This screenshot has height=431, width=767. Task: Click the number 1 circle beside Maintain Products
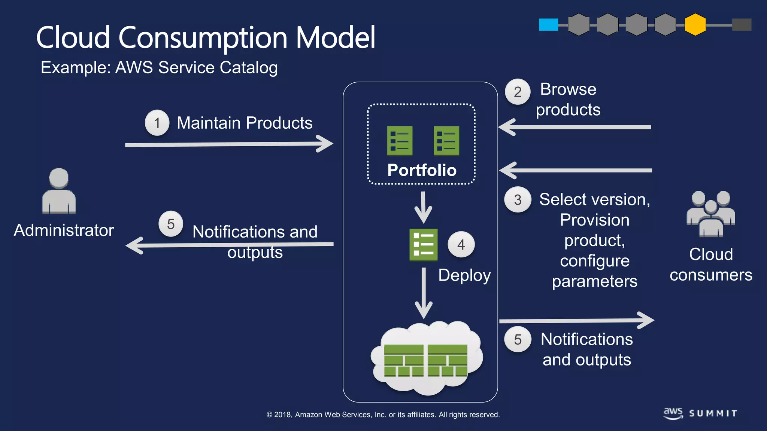coord(157,123)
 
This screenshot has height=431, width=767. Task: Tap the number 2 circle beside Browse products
coord(518,92)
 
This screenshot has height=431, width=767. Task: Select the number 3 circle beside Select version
coord(518,200)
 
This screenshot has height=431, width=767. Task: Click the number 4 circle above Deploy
coord(461,245)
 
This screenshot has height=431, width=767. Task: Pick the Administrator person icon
coord(59,191)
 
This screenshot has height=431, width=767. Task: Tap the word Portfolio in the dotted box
coord(422,170)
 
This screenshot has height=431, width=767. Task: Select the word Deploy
coord(464,276)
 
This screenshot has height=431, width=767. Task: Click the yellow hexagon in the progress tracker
coord(695,25)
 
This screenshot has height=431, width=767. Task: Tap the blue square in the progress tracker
coord(548,25)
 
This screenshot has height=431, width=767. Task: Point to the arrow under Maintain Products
coord(228,144)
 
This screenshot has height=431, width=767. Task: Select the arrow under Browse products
coord(575,127)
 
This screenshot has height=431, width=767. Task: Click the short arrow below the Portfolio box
coord(423,208)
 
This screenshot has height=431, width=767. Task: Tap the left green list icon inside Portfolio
coord(400,141)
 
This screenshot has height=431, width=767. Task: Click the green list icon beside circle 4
coord(423,245)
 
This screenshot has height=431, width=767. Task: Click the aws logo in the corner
coord(673,413)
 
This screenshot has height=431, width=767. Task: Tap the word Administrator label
coord(64,230)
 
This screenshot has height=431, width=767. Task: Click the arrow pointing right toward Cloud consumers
coord(577,321)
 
